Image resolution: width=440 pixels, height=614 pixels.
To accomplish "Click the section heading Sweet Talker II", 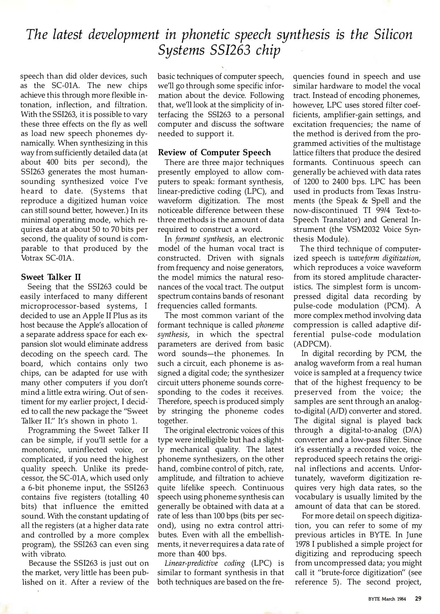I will [x=51, y=277].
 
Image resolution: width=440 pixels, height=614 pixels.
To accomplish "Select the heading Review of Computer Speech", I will [x=214, y=153].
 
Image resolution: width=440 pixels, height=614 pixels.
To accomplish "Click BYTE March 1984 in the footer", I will [x=387, y=599].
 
